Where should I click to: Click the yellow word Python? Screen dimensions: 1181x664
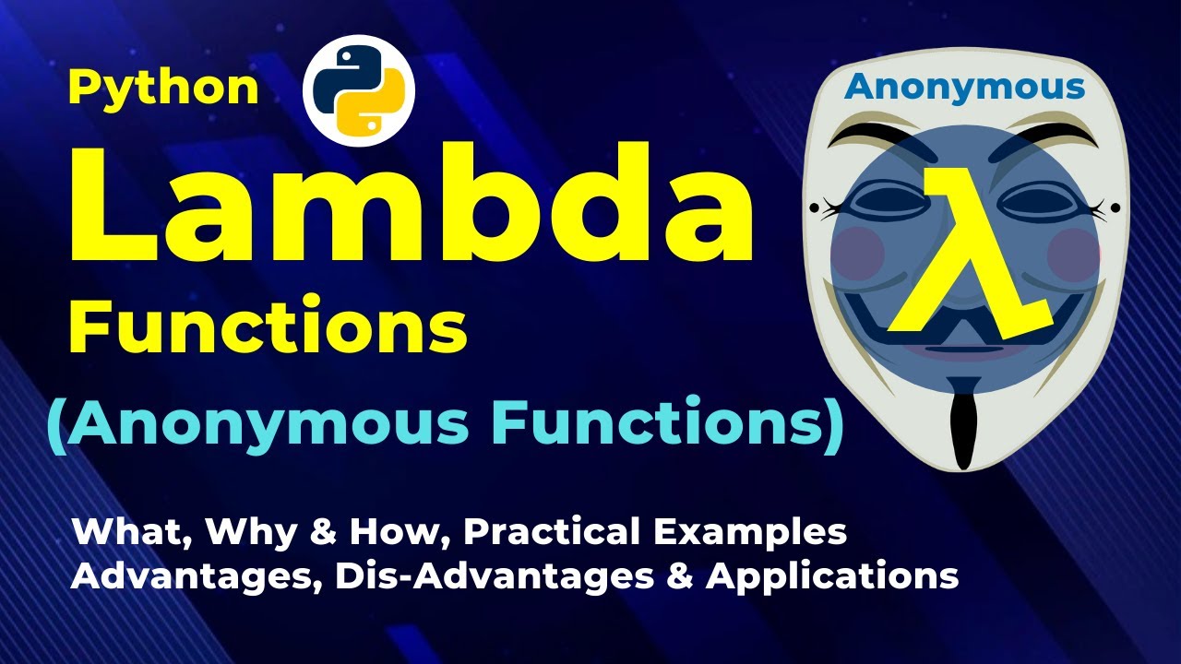point(163,89)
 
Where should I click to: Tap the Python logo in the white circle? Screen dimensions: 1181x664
point(359,90)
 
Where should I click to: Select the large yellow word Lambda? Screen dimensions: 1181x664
point(412,203)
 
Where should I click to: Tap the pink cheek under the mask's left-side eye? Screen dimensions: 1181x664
point(858,253)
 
